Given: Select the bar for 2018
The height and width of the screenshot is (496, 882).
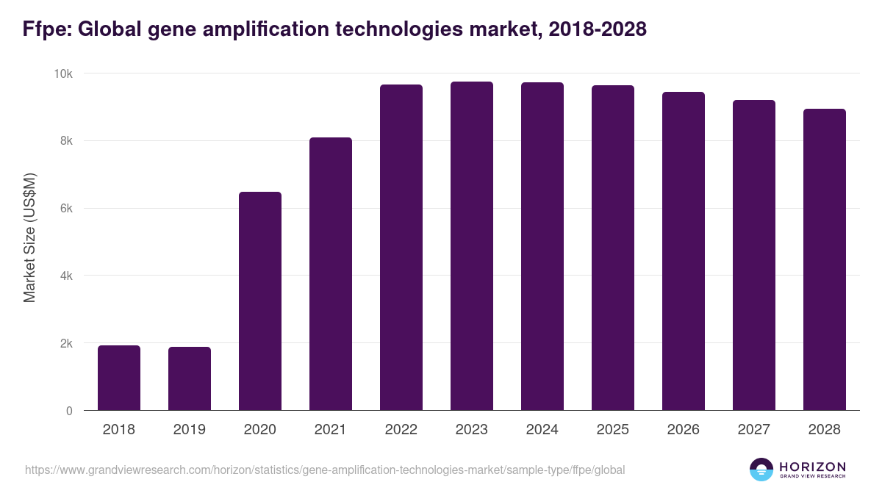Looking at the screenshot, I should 119,378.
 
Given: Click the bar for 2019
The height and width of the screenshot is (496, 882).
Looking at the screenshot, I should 190,378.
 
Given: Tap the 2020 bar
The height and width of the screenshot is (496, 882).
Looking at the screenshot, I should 260,301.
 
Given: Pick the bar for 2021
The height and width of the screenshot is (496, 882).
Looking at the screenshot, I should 331,274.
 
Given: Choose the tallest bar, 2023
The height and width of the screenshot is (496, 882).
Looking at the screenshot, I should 472,246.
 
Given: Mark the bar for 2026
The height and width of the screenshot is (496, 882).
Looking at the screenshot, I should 684,251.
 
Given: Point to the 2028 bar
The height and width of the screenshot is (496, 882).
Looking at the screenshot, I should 825,259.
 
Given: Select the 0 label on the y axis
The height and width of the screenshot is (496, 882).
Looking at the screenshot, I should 69,411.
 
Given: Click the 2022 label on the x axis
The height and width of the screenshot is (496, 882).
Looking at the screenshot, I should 401,430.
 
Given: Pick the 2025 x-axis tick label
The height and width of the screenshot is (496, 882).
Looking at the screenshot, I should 613,430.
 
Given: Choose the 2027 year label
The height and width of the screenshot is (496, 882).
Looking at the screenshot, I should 754,430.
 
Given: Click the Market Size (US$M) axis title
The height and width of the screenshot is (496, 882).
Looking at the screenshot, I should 29,237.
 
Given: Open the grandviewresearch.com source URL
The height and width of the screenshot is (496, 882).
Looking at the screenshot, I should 325,470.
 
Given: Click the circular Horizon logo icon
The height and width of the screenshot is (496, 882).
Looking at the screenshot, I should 761,470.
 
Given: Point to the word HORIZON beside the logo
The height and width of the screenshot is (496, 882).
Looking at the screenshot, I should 812,466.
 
